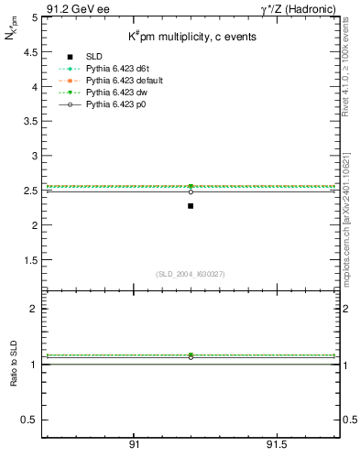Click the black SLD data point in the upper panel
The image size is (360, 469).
191,206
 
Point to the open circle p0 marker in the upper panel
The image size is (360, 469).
191,191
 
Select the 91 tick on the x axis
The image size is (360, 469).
135,446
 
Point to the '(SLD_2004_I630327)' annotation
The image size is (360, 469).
190,273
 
